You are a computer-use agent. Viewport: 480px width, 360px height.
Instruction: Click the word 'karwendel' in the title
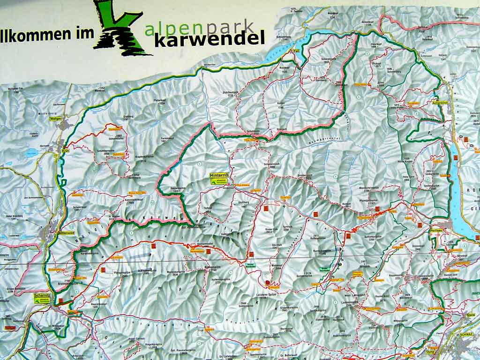tap(209, 39)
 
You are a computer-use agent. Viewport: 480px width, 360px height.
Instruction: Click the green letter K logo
tap(119, 28)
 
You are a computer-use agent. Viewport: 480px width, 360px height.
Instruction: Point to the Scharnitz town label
tap(42, 296)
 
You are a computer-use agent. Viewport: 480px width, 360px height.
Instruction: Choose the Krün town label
tap(66, 151)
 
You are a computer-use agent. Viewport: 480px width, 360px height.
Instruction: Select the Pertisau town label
tap(435, 233)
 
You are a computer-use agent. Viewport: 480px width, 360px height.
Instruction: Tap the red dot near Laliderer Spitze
tap(268, 282)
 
